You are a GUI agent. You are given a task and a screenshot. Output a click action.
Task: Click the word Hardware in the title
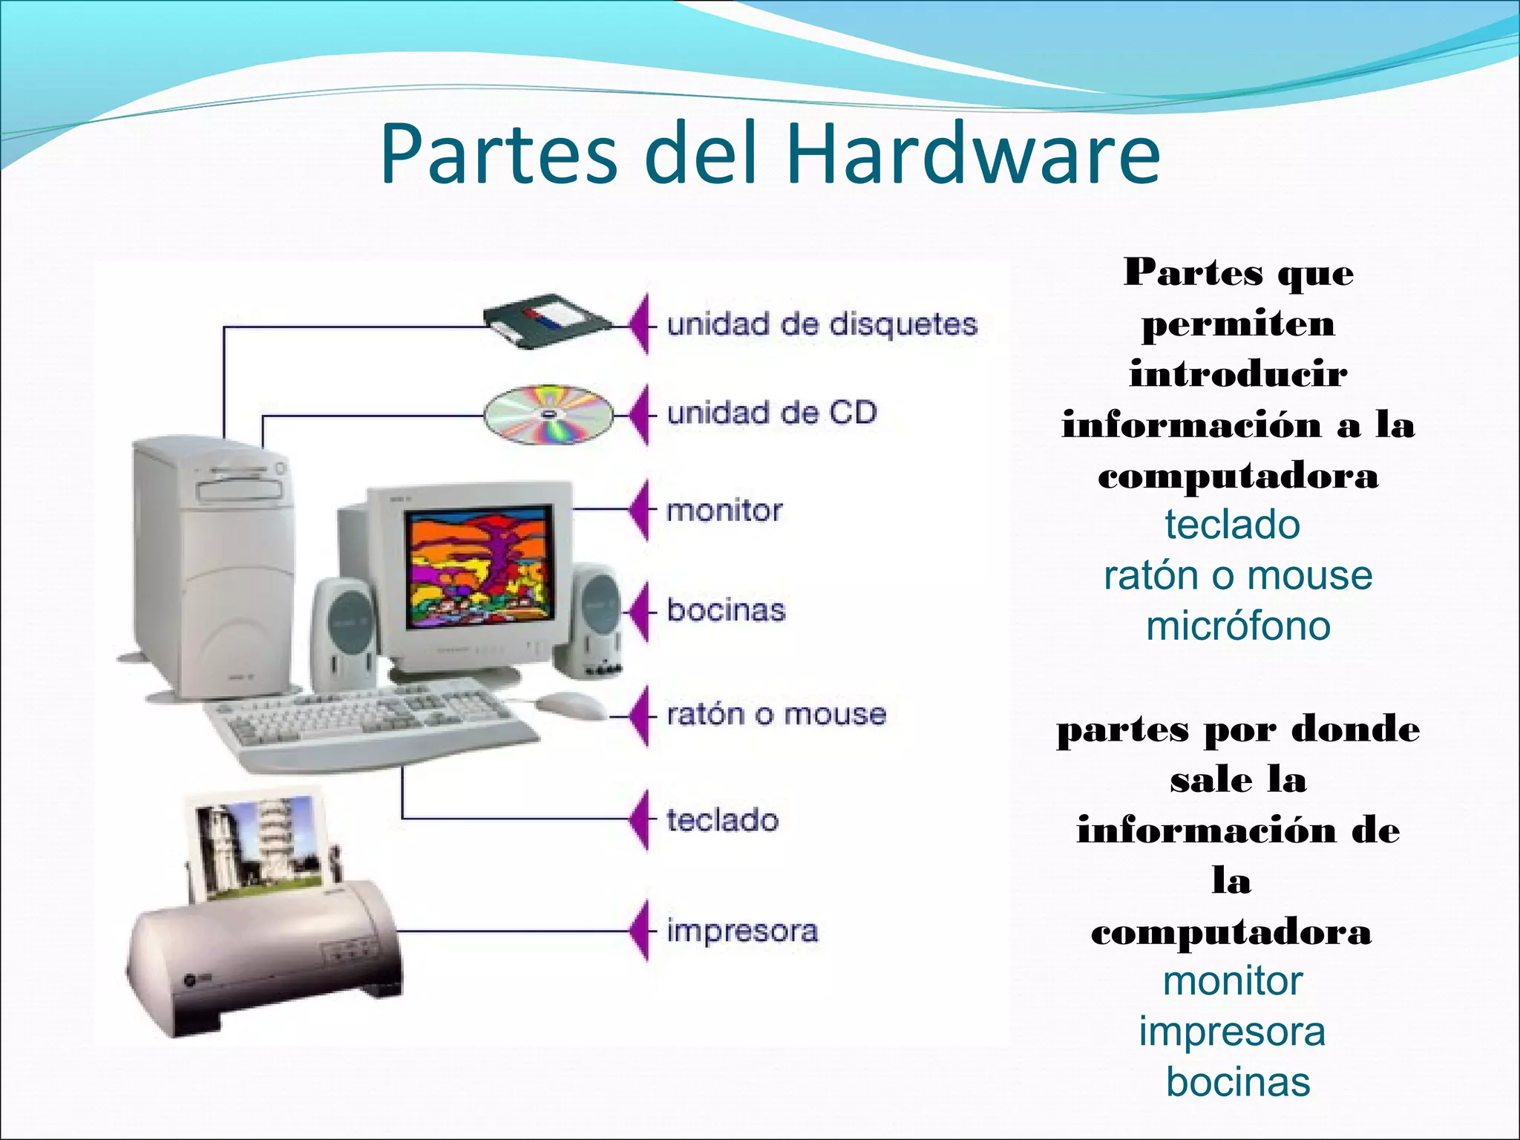coord(973,154)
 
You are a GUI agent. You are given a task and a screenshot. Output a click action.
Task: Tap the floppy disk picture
coord(548,321)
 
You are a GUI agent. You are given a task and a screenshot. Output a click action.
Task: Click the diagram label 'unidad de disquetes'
coord(822,324)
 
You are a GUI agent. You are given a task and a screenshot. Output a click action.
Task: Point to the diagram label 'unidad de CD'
coord(772,413)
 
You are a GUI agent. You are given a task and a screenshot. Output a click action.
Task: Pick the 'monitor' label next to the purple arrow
coord(724,511)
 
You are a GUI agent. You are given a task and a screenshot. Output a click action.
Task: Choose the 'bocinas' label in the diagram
coord(726,610)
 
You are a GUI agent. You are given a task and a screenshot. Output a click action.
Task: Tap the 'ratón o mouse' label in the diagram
coord(776,714)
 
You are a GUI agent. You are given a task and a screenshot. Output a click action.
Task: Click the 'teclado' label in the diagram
coord(723,820)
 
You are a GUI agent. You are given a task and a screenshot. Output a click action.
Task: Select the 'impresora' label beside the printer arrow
coord(742,931)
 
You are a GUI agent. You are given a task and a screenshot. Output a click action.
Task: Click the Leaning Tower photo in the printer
coord(260,846)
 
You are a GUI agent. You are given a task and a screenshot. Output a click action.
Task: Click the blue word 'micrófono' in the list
coord(1238,626)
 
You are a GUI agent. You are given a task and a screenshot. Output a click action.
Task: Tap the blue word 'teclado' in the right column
coord(1232,525)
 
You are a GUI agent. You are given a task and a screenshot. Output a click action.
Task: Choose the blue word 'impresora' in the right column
coord(1232,1032)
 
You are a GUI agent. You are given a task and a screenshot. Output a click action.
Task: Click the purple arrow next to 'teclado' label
coord(638,819)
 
